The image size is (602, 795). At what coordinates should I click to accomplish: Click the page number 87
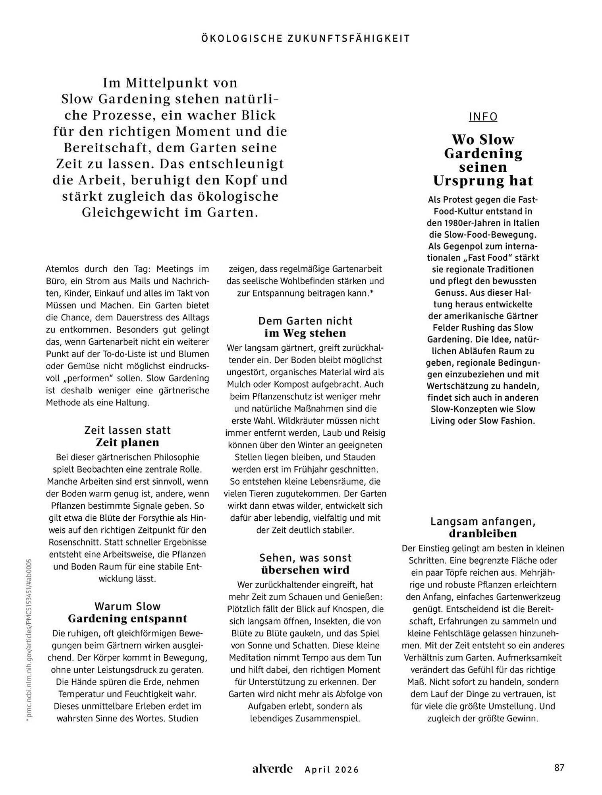(559, 768)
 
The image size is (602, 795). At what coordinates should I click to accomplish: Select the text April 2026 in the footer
(332, 770)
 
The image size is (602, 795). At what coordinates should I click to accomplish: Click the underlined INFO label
(483, 117)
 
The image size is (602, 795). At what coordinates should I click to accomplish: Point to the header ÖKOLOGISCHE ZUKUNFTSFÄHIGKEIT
(305, 39)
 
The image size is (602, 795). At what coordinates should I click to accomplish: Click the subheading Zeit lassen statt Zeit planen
(127, 436)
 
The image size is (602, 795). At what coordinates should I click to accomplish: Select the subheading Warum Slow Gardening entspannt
(127, 613)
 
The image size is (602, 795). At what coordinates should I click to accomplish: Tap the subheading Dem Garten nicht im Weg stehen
(305, 327)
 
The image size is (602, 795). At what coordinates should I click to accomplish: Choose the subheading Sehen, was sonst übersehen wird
(305, 564)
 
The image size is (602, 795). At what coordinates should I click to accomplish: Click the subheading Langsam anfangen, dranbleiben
(483, 527)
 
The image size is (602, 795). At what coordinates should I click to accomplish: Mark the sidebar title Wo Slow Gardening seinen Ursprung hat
(483, 160)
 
